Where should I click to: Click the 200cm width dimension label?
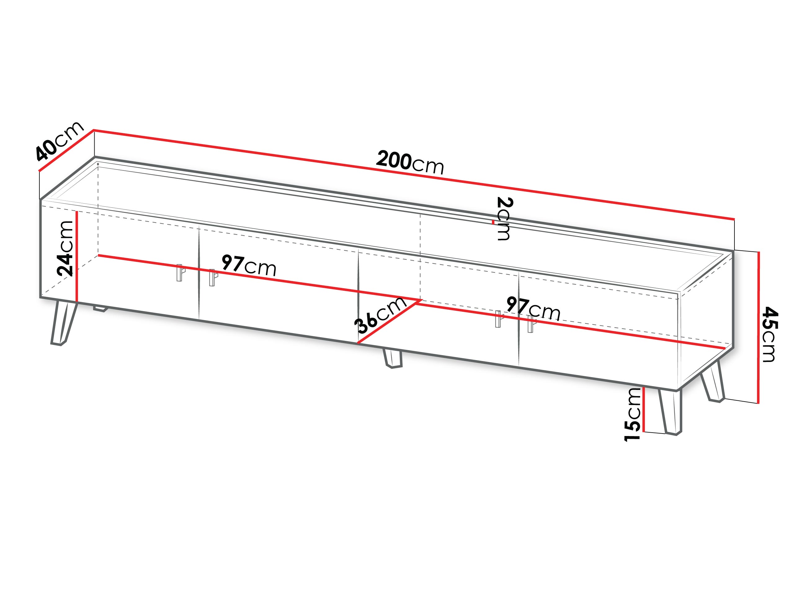[x=410, y=162]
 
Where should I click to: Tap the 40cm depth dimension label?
[x=60, y=141]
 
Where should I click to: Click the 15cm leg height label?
[x=632, y=414]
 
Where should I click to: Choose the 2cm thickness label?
[x=504, y=218]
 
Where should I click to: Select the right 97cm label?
[x=533, y=308]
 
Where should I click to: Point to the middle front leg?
[x=392, y=358]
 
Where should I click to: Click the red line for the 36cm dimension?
[x=388, y=322]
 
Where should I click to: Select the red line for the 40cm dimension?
[x=66, y=150]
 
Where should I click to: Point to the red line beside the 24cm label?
[x=77, y=256]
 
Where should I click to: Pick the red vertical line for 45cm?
[x=758, y=328]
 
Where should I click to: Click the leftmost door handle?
[x=180, y=273]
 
